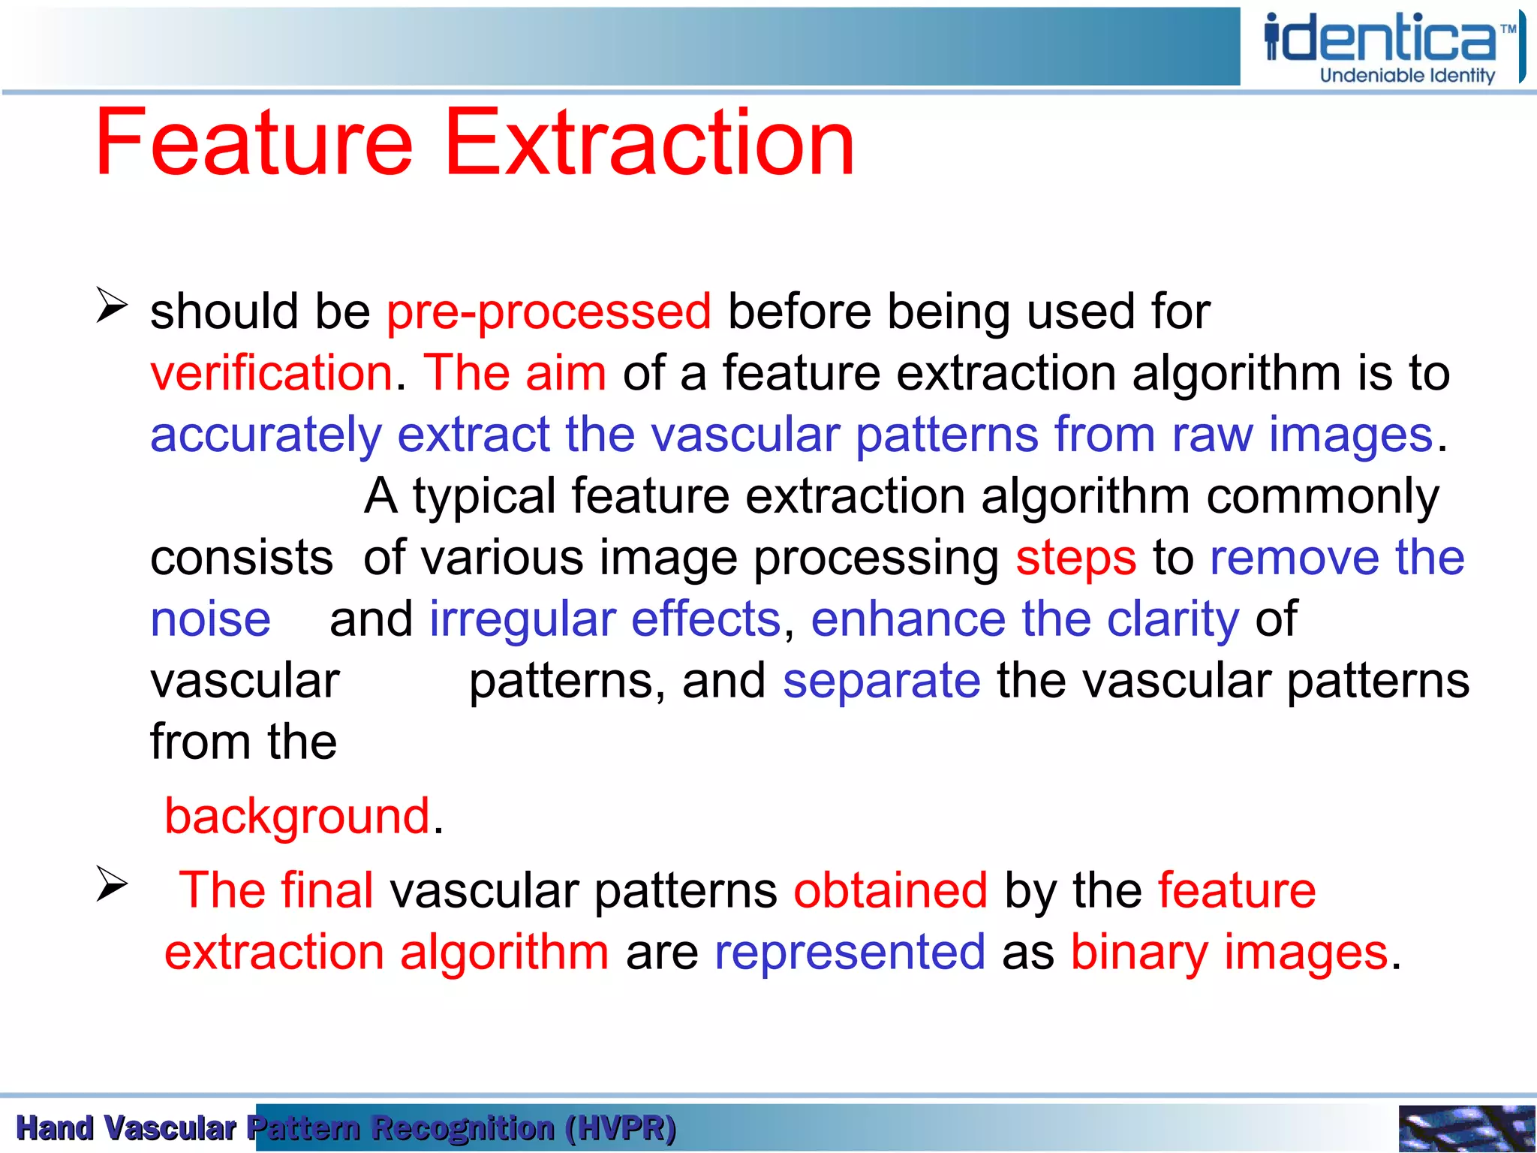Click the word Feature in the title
point(254,143)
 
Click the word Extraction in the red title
point(649,143)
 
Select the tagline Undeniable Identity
point(1407,76)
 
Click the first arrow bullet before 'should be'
point(112,306)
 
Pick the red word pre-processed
point(549,312)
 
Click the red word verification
point(271,373)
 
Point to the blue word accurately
point(266,435)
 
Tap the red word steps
point(1075,558)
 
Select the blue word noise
point(210,620)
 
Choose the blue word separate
point(881,682)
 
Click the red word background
point(297,817)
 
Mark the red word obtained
point(890,891)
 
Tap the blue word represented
point(850,953)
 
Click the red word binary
point(1139,953)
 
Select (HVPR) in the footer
point(621,1128)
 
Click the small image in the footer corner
point(1466,1128)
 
